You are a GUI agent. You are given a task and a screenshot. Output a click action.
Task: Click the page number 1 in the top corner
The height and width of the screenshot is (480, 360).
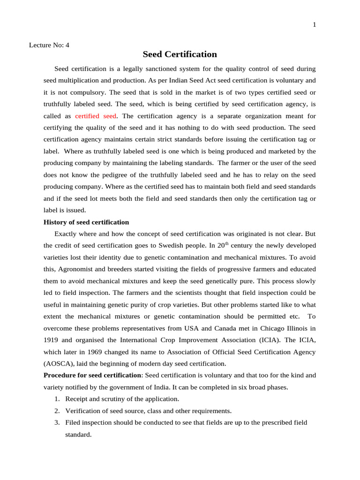pos(314,25)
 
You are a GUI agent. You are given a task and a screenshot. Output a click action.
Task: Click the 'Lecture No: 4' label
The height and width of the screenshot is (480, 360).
pos(49,45)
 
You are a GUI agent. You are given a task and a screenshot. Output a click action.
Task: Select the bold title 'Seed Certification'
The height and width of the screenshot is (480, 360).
pos(180,54)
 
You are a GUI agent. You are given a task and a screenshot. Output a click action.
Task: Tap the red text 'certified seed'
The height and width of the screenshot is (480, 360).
pos(96,116)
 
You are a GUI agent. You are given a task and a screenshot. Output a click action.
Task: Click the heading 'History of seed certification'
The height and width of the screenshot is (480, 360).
pos(86,222)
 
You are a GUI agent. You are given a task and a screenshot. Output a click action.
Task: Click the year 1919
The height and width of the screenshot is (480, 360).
pos(51,340)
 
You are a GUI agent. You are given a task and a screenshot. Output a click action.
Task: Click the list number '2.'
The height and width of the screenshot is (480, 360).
pos(57,411)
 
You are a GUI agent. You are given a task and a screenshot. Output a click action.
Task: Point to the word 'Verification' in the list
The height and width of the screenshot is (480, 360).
pos(82,411)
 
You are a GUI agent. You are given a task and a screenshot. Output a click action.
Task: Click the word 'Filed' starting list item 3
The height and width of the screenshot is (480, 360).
pos(73,422)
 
